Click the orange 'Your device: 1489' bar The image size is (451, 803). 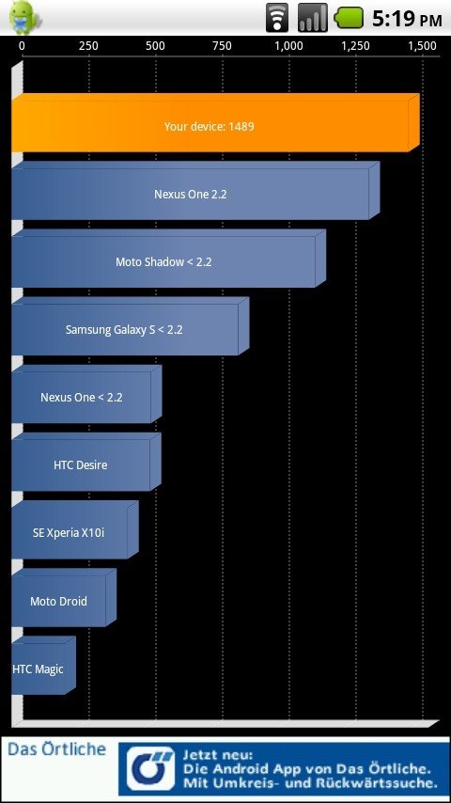215,123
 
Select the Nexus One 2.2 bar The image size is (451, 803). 195,191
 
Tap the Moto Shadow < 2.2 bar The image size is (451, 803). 168,259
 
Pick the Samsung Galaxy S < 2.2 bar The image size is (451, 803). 130,326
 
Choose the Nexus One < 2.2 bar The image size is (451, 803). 86,394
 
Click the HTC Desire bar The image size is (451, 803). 86,462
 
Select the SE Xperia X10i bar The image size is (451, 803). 75,530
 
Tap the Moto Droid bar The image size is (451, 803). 64,598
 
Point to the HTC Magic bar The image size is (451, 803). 43,666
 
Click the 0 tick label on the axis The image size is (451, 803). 22,46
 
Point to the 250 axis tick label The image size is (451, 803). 88,46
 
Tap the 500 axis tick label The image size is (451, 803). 155,46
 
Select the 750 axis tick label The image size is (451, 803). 222,46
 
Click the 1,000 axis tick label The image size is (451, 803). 288,46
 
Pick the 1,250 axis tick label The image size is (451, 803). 356,46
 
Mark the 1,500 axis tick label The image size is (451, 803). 422,46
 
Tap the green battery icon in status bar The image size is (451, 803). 349,18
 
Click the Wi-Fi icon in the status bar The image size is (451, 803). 277,18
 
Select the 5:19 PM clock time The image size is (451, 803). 407,19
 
